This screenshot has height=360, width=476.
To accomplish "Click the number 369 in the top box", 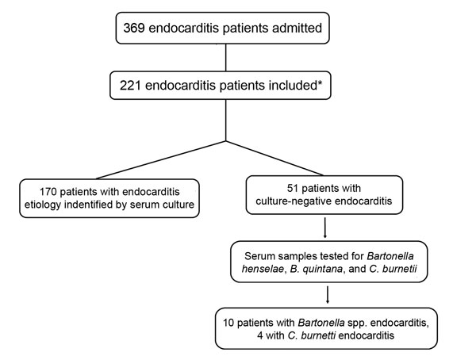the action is pyautogui.click(x=134, y=28).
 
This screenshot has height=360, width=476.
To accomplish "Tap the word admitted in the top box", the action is pyautogui.click(x=297, y=28).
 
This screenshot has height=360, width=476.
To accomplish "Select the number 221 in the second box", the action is pyautogui.click(x=130, y=86).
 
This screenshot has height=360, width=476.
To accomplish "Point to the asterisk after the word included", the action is pyautogui.click(x=320, y=82).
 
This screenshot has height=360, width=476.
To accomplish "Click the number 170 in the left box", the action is pyautogui.click(x=48, y=192).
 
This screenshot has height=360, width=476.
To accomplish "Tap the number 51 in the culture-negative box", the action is pyautogui.click(x=293, y=188).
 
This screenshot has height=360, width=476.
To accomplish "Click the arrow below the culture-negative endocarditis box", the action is pyautogui.click(x=325, y=228).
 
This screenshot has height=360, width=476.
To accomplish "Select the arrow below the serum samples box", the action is pyautogui.click(x=328, y=295).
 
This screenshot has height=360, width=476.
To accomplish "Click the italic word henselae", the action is pyautogui.click(x=263, y=269).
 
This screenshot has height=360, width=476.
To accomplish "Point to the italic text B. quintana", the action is pyautogui.click(x=317, y=269).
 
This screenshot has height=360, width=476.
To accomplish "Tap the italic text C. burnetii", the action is pyautogui.click(x=393, y=269).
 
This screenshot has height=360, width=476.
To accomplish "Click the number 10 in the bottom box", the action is pyautogui.click(x=228, y=323).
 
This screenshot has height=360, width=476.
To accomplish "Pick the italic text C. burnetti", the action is pyautogui.click(x=312, y=335).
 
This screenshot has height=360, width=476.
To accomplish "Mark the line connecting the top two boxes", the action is pyautogui.click(x=225, y=58).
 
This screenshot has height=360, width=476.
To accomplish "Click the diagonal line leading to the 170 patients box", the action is pyautogui.click(x=161, y=160).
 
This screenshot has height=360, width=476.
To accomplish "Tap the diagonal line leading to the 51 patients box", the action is pyautogui.click(x=274, y=158).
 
